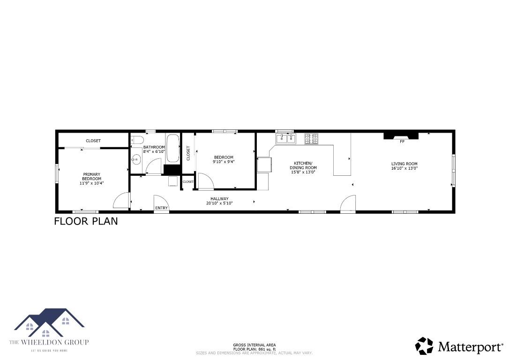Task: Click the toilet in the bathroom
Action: [x=135, y=139]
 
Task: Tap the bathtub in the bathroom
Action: [x=172, y=149]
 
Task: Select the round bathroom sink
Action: [x=136, y=160]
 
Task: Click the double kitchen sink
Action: [x=286, y=138]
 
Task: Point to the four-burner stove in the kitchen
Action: [x=311, y=138]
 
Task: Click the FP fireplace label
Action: [x=402, y=141]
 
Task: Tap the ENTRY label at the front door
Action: [x=161, y=208]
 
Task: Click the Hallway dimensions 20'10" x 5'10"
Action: [x=219, y=203]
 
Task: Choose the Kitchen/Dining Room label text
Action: [x=305, y=165]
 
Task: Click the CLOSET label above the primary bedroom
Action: [x=93, y=141]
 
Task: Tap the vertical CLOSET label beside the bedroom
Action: [x=188, y=153]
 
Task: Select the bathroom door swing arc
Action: [x=154, y=167]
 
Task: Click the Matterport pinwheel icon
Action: [x=424, y=346]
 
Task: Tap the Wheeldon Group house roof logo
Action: [x=49, y=322]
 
